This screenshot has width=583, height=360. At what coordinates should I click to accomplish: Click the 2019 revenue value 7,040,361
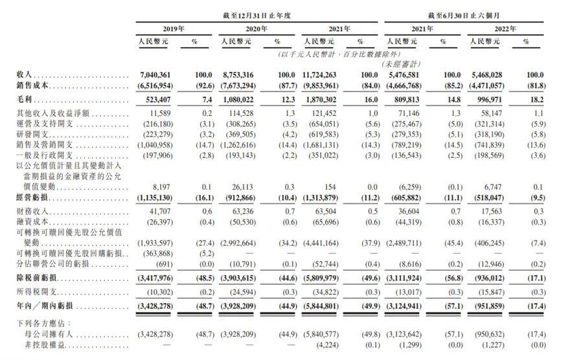[154, 76]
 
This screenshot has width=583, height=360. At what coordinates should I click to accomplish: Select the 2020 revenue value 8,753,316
[236, 76]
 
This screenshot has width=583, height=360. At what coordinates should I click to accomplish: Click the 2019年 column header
[172, 29]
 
